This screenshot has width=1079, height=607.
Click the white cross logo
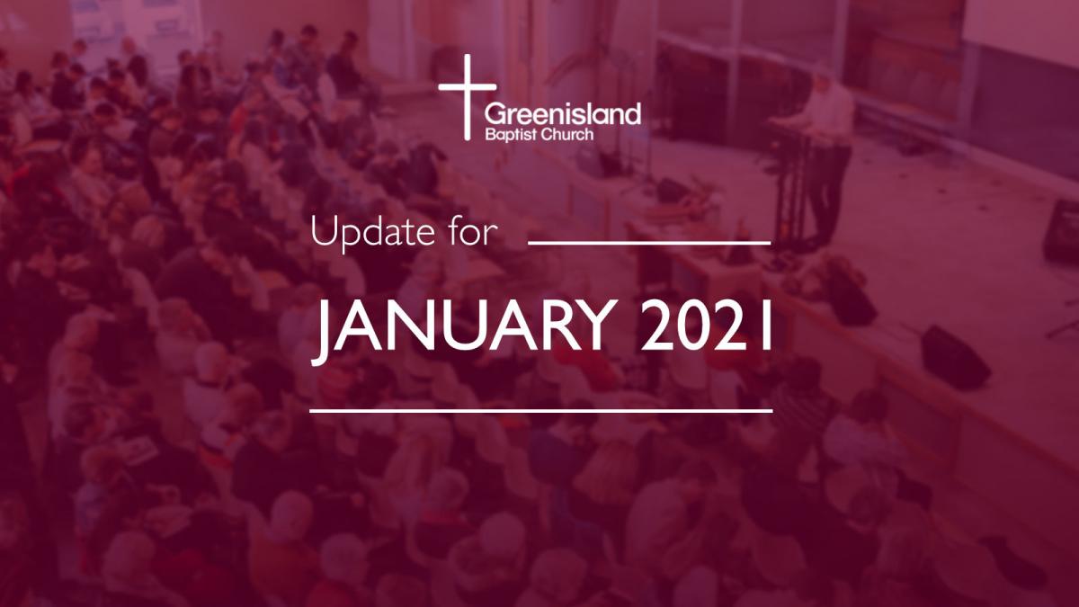467,96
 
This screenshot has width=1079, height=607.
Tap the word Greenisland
563,115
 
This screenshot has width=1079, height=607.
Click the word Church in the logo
565,134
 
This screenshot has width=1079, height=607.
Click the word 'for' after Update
473,232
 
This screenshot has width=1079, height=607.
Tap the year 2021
707,326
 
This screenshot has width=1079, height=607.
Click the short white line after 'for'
649,243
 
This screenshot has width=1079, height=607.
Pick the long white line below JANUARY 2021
541,411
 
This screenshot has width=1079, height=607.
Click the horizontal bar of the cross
468,87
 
